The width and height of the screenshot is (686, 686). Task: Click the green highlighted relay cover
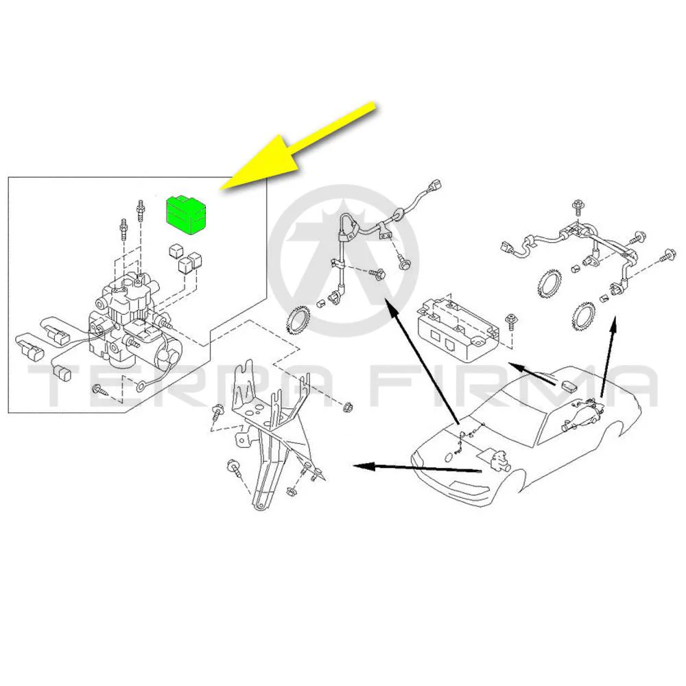(187, 215)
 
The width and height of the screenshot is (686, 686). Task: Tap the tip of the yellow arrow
(220, 189)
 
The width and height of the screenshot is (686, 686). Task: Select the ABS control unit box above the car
(458, 322)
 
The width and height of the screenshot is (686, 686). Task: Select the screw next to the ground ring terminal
(99, 388)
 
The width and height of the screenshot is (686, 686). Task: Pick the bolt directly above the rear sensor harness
(578, 208)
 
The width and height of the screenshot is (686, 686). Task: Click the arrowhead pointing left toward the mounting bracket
(364, 466)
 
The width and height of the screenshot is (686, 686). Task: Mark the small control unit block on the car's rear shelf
(569, 386)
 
